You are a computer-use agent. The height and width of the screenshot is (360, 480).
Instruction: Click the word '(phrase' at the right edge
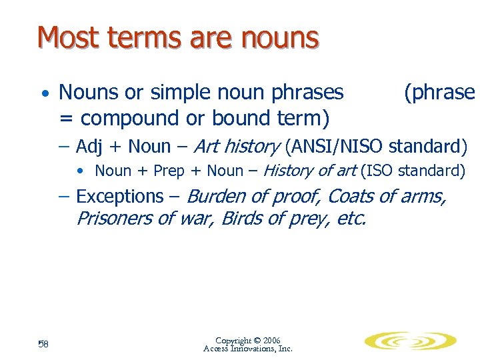point(439,92)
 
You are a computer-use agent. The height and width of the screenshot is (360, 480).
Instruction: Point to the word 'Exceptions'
point(119,197)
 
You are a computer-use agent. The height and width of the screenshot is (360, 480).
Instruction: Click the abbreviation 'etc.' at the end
point(352,218)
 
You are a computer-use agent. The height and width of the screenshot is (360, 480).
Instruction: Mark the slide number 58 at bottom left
point(43,343)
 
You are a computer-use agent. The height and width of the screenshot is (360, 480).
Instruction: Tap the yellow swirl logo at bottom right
point(410,341)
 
